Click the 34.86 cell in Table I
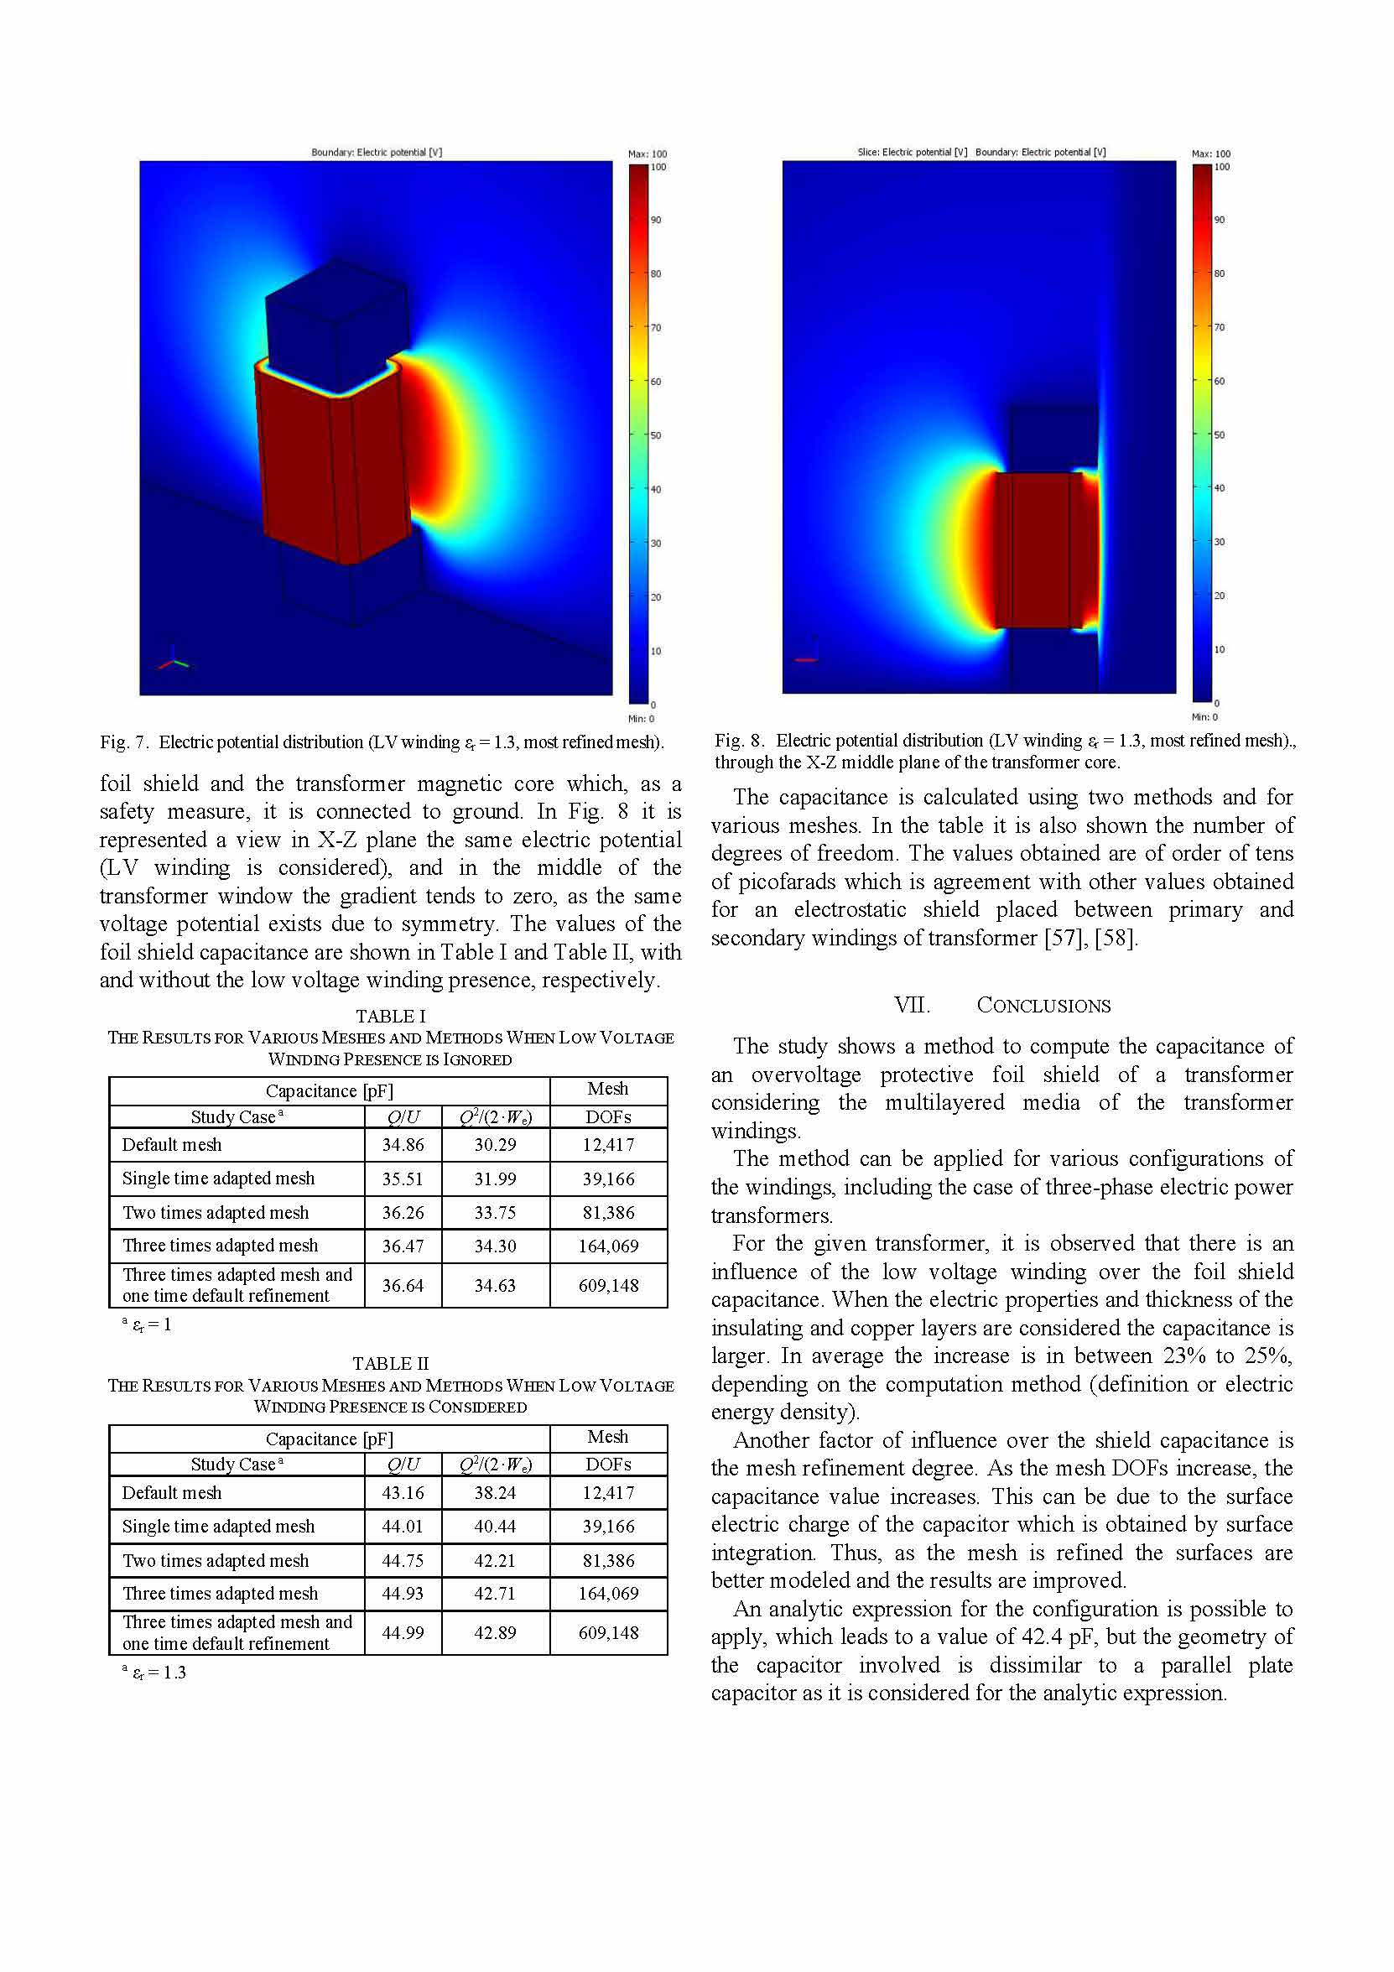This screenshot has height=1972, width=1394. click(402, 1145)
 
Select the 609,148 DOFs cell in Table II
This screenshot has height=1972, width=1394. click(608, 1632)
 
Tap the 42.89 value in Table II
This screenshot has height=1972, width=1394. click(495, 1632)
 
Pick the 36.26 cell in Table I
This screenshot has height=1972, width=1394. click(402, 1212)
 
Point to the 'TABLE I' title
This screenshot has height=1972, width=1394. click(391, 1016)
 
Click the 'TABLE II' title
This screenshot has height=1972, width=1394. click(391, 1363)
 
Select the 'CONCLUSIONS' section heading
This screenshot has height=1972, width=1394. click(1043, 1005)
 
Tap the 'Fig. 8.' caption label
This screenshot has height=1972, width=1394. click(740, 741)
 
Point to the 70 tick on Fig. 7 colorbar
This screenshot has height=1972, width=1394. click(655, 327)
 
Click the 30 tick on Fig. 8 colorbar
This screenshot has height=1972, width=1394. click(1219, 542)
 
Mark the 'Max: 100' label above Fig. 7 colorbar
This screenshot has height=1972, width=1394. click(647, 153)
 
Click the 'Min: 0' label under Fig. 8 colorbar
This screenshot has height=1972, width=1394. click(1204, 717)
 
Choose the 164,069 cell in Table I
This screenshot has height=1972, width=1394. click(608, 1246)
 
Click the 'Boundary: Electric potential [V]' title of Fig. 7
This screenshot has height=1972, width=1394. click(377, 152)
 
